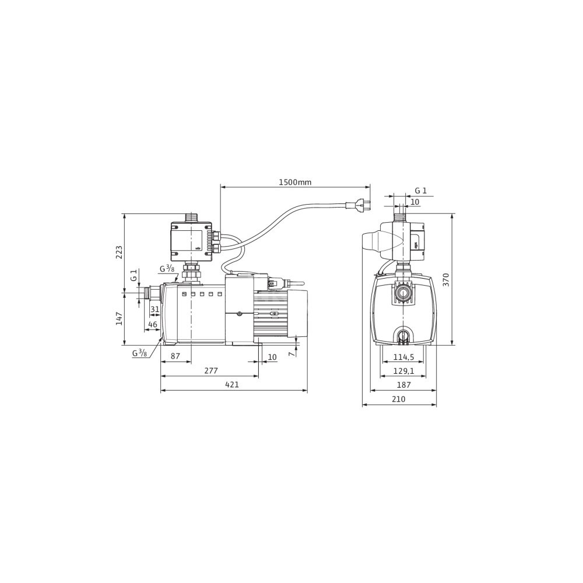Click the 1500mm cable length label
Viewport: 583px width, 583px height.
[295, 182]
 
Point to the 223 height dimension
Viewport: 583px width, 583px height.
[119, 252]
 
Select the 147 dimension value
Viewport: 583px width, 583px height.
[119, 319]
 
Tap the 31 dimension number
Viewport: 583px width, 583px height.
[154, 309]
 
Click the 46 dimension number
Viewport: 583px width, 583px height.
[152, 324]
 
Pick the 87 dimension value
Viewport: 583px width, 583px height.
[175, 356]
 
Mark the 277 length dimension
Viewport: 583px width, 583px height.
[210, 371]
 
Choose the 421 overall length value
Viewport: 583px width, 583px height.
[232, 385]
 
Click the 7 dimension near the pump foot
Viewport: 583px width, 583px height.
[293, 354]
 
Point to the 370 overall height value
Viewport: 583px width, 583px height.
[446, 280]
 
